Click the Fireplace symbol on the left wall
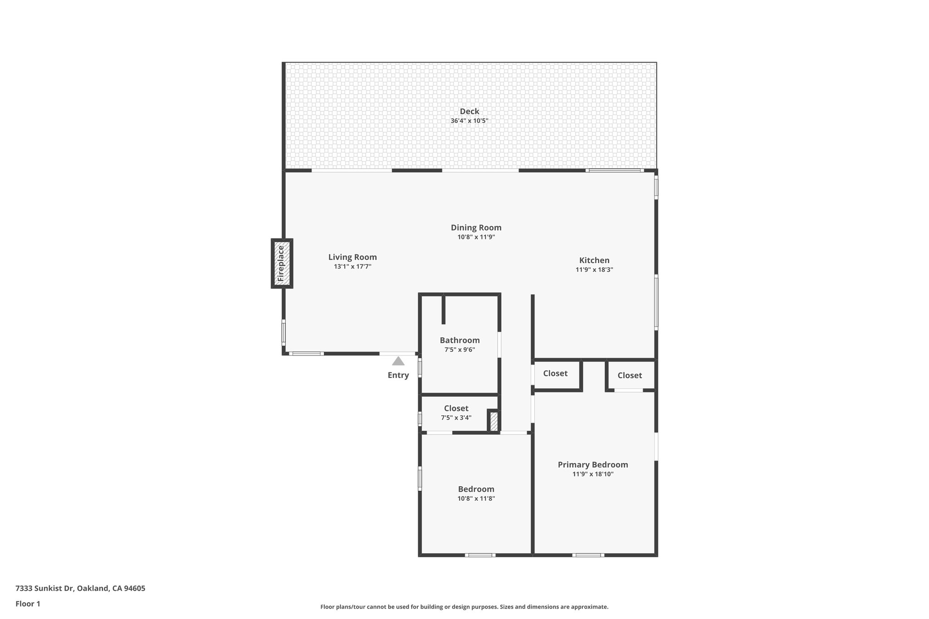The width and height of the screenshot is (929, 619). (x=282, y=263)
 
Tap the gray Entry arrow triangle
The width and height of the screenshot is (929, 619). (x=398, y=361)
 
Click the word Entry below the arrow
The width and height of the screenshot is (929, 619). (x=398, y=375)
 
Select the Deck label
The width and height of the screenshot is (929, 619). (x=469, y=112)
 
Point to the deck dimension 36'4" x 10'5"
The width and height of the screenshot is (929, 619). (x=469, y=121)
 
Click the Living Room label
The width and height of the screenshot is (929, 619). (x=352, y=257)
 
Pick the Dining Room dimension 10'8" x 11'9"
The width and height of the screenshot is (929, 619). (x=476, y=237)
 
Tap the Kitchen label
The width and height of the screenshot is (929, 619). (x=594, y=260)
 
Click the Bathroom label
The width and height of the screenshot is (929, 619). (x=460, y=340)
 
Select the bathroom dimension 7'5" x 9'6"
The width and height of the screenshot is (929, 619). (x=460, y=350)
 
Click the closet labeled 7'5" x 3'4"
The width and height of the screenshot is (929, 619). (x=456, y=413)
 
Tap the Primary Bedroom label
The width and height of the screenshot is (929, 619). (x=592, y=465)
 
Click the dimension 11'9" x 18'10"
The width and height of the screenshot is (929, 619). (x=592, y=474)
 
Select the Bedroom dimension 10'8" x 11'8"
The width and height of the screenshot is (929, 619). (x=476, y=498)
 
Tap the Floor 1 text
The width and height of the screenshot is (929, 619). (x=28, y=604)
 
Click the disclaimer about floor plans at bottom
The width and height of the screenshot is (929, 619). (x=464, y=607)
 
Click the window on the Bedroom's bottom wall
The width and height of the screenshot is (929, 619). (x=480, y=555)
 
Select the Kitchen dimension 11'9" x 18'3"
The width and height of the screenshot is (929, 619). (x=594, y=270)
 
